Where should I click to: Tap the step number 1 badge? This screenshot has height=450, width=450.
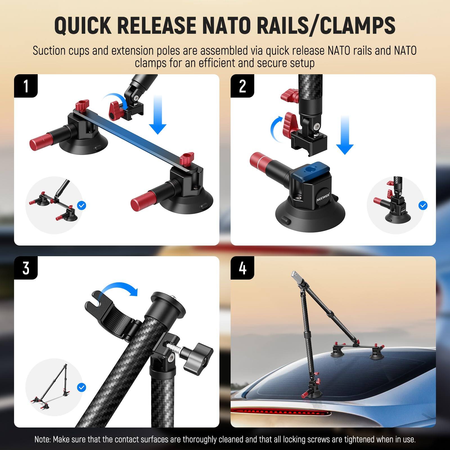pyautogui.click(x=26, y=86)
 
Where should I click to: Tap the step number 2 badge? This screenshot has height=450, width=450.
pyautogui.click(x=242, y=86)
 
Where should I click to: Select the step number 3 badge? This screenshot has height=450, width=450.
pyautogui.click(x=26, y=268)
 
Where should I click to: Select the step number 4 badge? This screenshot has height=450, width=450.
pyautogui.click(x=242, y=268)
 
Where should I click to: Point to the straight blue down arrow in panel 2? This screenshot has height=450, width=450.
pyautogui.click(x=345, y=135)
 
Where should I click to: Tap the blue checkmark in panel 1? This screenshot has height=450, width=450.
pyautogui.click(x=82, y=206)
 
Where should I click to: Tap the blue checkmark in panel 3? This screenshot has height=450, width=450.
pyautogui.click(x=82, y=388)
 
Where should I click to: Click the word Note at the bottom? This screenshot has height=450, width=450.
pyautogui.click(x=42, y=439)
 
